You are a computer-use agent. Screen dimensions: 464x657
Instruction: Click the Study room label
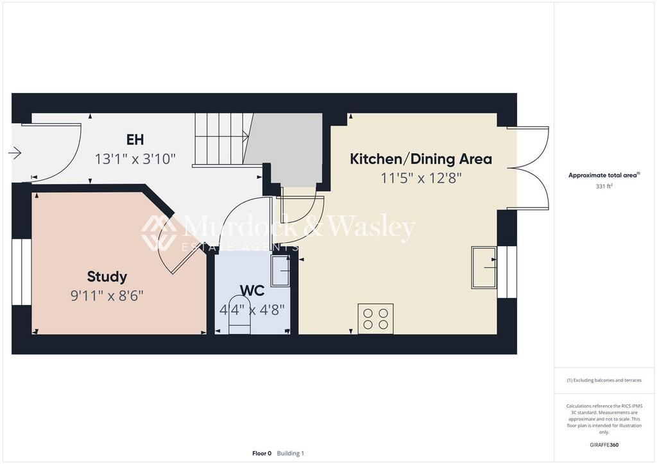pos(107,277)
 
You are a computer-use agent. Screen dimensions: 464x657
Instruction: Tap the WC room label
pos(252,291)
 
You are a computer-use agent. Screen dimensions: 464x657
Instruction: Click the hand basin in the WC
pos(280,270)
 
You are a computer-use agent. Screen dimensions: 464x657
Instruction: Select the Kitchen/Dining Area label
pos(420,159)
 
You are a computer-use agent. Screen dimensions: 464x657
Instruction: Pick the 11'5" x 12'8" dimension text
pos(420,178)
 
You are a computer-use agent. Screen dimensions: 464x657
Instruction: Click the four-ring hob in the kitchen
pos(375,319)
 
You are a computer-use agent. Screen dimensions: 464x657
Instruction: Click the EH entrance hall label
pos(135,140)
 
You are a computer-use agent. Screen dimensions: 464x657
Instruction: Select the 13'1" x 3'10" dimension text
pos(135,158)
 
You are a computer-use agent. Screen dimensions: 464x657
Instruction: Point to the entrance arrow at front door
pos(15,153)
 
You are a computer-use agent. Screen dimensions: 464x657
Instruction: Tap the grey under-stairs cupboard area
pos(289,147)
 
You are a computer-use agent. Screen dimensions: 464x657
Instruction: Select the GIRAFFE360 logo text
pos(605,445)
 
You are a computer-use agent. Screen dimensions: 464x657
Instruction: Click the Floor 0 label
pos(262,453)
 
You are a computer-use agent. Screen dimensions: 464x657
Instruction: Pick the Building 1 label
pos(291,453)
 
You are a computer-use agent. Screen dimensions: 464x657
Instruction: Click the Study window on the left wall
pos(21,272)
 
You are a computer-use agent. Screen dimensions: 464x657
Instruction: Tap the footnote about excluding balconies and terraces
pos(604,380)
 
